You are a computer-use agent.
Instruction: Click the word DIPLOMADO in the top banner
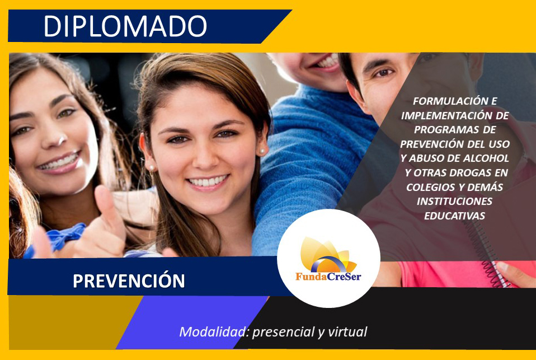(x=125, y=26)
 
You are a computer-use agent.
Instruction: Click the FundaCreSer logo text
(x=328, y=276)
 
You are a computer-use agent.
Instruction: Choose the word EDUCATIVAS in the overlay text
(x=455, y=216)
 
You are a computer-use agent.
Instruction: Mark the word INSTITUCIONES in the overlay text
(x=455, y=201)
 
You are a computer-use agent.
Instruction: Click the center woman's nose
(x=205, y=156)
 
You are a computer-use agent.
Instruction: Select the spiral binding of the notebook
(x=486, y=253)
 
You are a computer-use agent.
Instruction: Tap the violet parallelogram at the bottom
(x=191, y=322)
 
